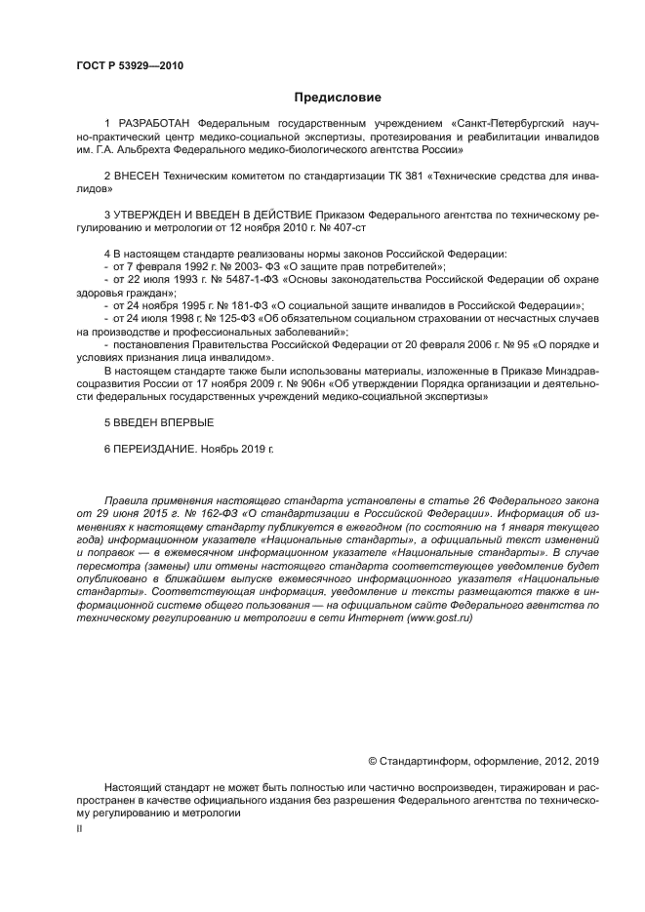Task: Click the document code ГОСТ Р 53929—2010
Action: pyautogui.click(x=129, y=66)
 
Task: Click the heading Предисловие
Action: pyautogui.click(x=338, y=98)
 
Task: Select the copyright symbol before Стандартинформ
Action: pyautogui.click(x=372, y=762)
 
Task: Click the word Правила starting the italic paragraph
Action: pyautogui.click(x=127, y=498)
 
